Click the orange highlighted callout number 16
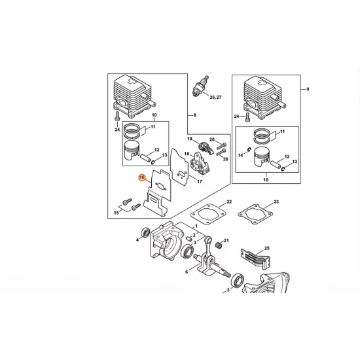pos(142,177)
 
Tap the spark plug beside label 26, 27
pos(200,86)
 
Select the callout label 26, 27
pos(215,97)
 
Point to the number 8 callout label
pos(195,115)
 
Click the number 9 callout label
pos(308,89)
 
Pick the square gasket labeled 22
pos(207,213)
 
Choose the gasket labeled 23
pos(255,214)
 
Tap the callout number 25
pos(267,248)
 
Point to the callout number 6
pos(187,272)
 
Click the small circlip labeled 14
pos(249,149)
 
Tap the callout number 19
pos(190,139)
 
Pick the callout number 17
pos(200,181)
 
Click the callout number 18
pos(187,154)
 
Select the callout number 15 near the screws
pos(117,213)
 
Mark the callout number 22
pos(229,202)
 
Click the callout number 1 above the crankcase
pos(196,226)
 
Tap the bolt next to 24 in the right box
pos(247,117)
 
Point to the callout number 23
pos(276,202)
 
